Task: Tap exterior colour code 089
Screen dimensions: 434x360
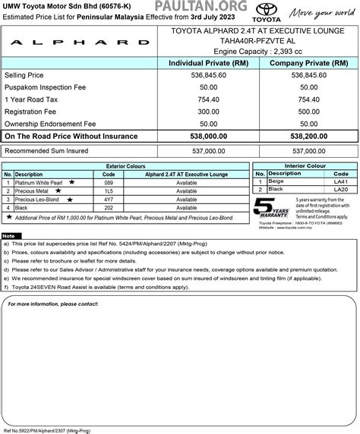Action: tap(108, 182)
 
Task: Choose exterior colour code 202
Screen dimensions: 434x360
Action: tap(108, 207)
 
